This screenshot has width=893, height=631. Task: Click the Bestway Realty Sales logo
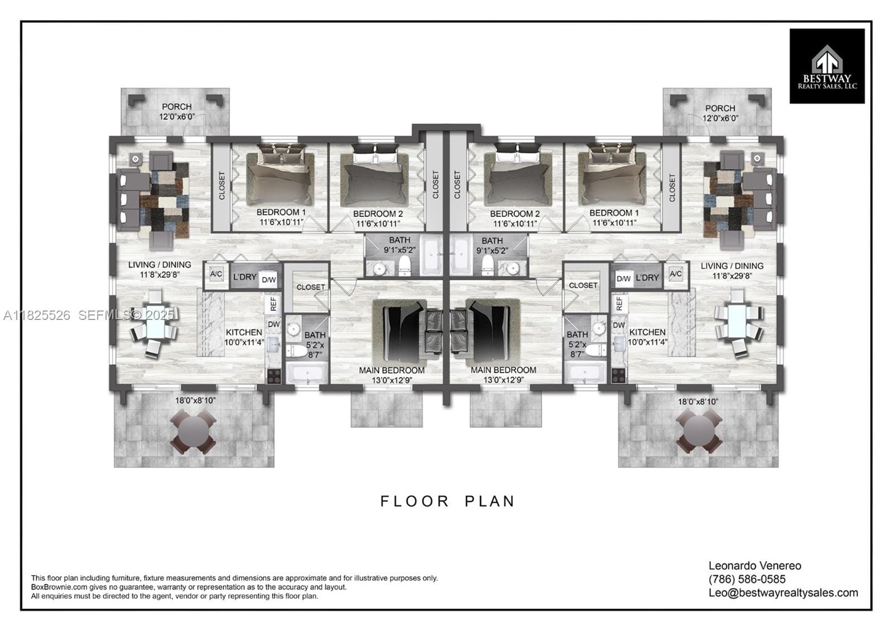coord(827,66)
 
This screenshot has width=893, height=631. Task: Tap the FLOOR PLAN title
coord(448,501)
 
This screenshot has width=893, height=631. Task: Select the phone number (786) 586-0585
coord(747,579)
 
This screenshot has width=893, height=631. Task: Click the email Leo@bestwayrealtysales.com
coord(783,592)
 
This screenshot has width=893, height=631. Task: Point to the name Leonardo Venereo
coord(755,566)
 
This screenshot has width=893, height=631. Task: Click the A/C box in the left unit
coord(217,274)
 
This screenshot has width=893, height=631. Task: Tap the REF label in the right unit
coord(619,304)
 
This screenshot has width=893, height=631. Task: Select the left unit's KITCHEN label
coord(243,332)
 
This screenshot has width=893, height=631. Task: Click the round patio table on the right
coord(699,432)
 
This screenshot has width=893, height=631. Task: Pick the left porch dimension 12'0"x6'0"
coord(176,117)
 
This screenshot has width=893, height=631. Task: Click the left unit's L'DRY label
coord(244,276)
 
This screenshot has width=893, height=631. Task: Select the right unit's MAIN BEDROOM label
coord(503,370)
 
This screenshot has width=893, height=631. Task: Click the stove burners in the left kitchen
coord(274,376)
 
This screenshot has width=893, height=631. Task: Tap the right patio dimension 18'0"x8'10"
coord(698,401)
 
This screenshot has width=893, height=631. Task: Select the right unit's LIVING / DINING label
coord(732,266)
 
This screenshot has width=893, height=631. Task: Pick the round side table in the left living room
coord(136,159)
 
